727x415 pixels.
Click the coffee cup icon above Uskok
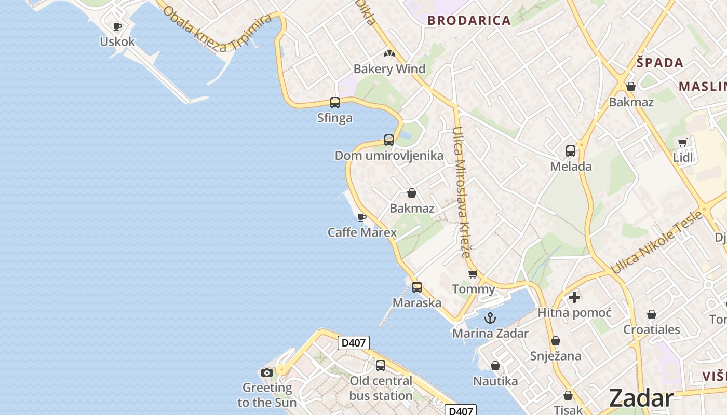117,26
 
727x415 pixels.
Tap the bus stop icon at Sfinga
335,103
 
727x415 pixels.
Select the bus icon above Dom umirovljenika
389,140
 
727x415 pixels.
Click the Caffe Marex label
362,232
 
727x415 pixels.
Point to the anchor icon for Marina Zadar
490,318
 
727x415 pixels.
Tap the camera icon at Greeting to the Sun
267,372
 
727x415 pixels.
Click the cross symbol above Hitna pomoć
574,297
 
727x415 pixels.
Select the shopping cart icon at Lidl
683,142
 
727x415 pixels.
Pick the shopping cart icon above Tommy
473,274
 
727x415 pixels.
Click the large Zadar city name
641,398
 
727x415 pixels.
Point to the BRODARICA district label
469,21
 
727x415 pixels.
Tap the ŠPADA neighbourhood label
660,63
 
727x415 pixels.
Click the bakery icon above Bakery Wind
389,53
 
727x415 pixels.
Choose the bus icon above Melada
571,151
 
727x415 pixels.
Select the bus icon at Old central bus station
381,365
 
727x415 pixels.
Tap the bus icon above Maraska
417,287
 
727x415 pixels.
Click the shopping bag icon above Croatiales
652,314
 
